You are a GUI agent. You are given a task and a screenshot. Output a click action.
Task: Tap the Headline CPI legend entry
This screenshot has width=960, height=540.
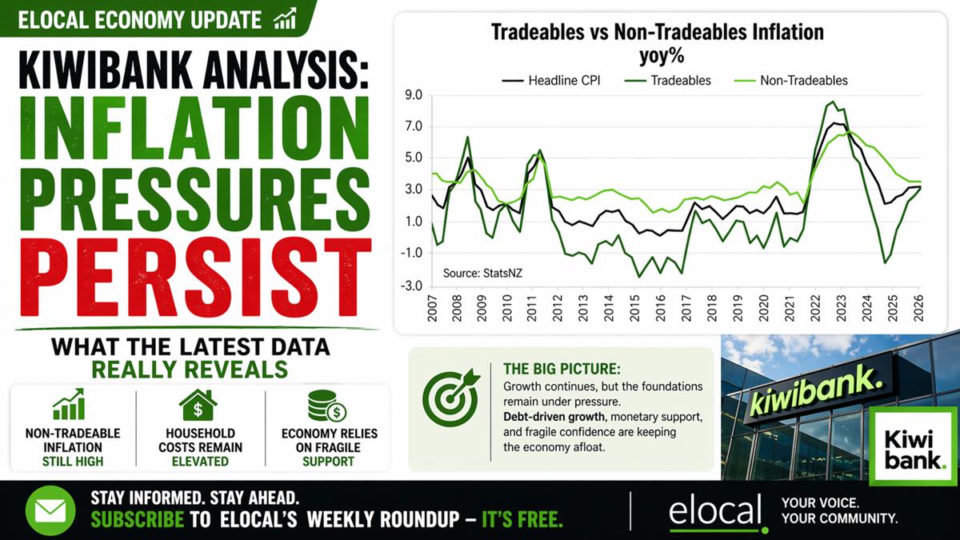tap(551, 81)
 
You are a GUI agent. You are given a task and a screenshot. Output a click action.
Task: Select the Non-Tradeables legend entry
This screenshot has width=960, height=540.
tap(791, 81)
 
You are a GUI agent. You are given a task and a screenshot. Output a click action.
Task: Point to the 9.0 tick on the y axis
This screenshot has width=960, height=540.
tap(413, 95)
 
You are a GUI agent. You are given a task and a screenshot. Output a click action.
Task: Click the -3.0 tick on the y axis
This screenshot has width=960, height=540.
tap(411, 286)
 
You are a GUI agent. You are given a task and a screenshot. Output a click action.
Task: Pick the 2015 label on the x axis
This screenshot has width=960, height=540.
tap(634, 308)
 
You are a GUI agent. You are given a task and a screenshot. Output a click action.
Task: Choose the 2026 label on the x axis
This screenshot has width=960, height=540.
tap(918, 308)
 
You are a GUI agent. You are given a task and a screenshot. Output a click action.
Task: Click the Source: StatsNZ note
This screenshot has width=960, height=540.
tap(482, 273)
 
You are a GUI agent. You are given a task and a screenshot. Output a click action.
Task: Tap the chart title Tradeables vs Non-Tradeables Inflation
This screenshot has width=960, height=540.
tap(658, 32)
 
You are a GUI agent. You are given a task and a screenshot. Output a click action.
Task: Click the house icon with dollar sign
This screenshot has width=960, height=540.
tap(198, 405)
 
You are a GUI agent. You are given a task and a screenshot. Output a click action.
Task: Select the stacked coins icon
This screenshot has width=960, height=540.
tap(326, 406)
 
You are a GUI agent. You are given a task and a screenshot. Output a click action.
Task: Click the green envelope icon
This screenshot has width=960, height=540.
tap(50, 511)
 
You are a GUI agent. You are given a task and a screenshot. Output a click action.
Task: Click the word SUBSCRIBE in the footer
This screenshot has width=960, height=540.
tap(137, 519)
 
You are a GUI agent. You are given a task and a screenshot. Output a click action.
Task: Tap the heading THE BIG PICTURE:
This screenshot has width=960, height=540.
tap(562, 369)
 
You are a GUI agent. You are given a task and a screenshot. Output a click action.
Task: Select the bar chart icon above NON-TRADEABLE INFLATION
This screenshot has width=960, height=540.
tap(69, 404)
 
